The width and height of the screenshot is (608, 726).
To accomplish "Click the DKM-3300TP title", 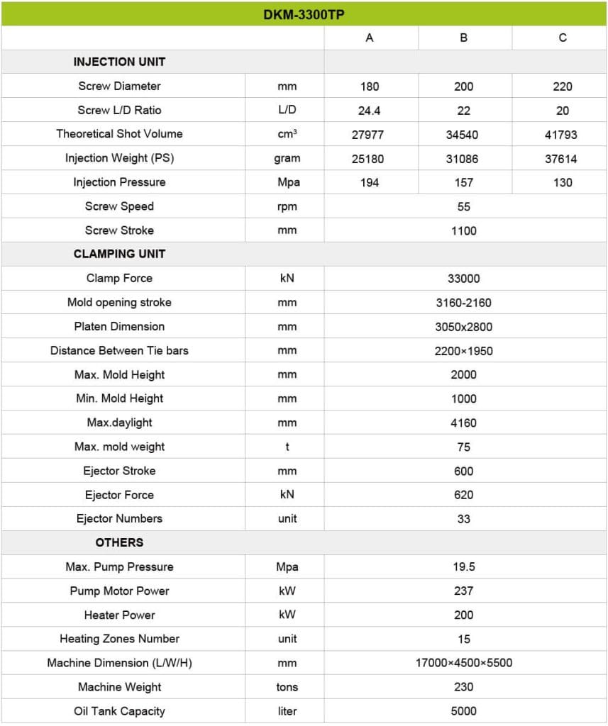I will pyautogui.click(x=304, y=14).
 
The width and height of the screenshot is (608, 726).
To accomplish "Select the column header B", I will pyautogui.click(x=464, y=38).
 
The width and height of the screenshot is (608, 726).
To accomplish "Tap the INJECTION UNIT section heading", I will pyautogui.click(x=119, y=62).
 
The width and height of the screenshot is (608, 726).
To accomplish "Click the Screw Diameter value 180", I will pyautogui.click(x=370, y=86).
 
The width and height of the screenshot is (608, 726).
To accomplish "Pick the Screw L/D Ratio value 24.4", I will pyautogui.click(x=370, y=111).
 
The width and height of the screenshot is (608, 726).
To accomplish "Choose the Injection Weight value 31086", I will pyautogui.click(x=464, y=159).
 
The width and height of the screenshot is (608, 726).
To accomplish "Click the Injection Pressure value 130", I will pyautogui.click(x=562, y=183).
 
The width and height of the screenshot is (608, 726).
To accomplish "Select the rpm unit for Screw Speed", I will pyautogui.click(x=287, y=206).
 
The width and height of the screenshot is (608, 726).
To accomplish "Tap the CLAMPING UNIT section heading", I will pyautogui.click(x=119, y=254).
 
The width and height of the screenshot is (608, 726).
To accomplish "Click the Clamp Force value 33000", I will pyautogui.click(x=464, y=279).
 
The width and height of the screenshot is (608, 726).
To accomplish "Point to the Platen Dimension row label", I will pyautogui.click(x=119, y=327).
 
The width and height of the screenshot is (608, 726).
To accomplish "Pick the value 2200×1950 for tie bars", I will pyautogui.click(x=464, y=351).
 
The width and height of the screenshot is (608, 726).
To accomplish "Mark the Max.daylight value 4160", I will pyautogui.click(x=464, y=423).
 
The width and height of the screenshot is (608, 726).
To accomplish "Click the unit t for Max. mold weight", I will pyautogui.click(x=287, y=447).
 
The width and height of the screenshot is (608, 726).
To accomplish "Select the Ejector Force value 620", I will pyautogui.click(x=464, y=495).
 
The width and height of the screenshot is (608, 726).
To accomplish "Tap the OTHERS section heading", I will pyautogui.click(x=119, y=542).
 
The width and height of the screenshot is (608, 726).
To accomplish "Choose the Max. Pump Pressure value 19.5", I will pyautogui.click(x=464, y=567).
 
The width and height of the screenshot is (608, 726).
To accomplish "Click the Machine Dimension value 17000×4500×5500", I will pyautogui.click(x=464, y=663).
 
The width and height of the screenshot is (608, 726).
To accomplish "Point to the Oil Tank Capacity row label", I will pyautogui.click(x=119, y=711).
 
